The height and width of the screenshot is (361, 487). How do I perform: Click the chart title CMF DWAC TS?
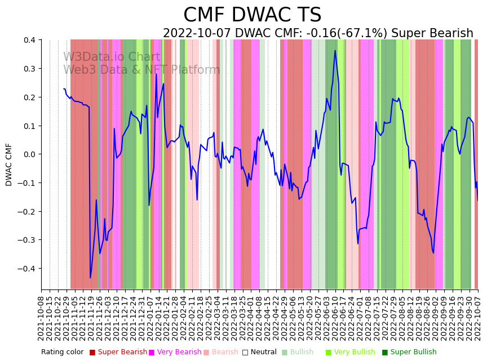pos(252,15)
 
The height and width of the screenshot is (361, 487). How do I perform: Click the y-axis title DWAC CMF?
pos(9,164)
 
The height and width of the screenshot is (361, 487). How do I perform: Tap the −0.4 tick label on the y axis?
pos(25,269)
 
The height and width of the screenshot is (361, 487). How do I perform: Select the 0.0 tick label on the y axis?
pos(28,154)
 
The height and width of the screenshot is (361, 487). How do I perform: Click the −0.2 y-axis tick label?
pos(25,212)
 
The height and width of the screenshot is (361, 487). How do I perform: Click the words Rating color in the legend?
pos(62,353)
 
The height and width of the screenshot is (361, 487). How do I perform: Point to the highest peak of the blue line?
pos(335,51)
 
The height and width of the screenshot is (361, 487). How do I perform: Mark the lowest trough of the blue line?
pos(90,278)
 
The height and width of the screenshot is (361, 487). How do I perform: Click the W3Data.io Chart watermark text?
pos(112,57)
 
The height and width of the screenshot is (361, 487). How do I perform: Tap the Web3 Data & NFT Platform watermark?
pos(141,70)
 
